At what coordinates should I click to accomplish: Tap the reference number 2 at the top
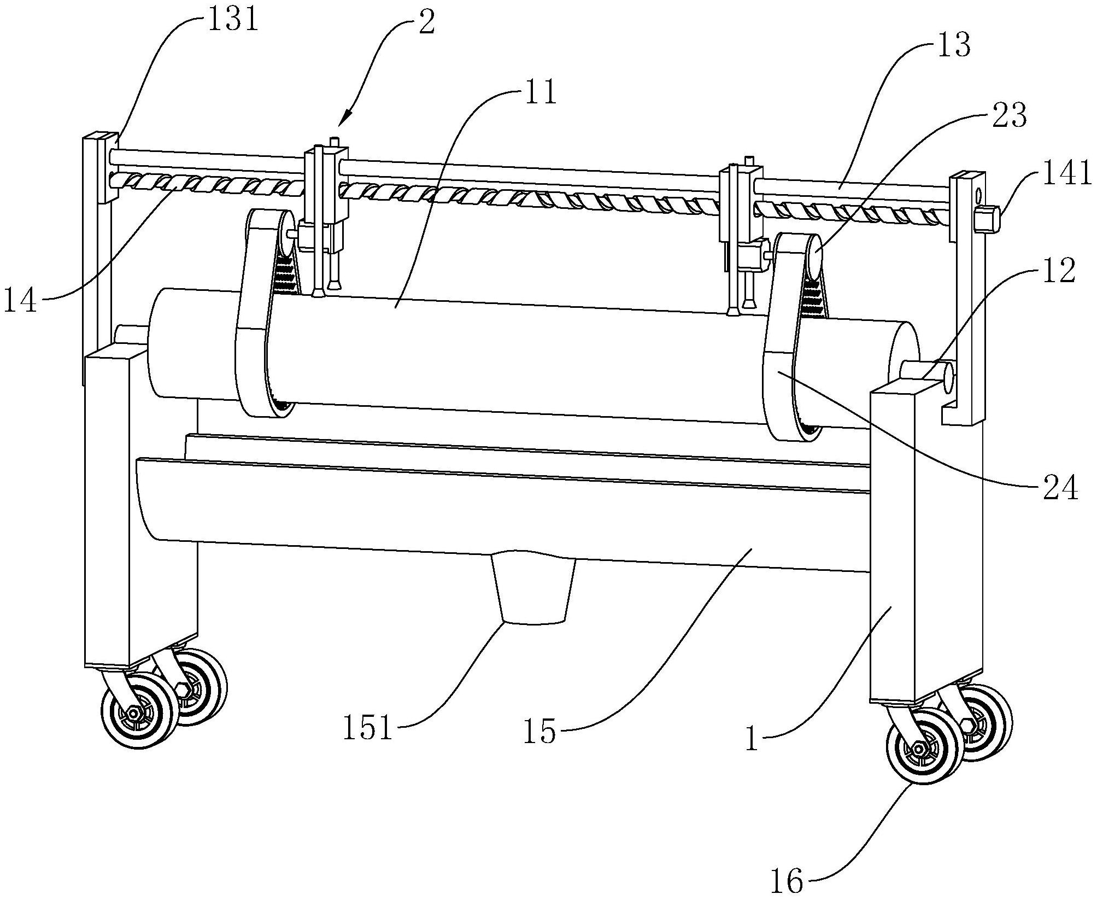(426, 22)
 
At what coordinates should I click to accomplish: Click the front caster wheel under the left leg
(139, 711)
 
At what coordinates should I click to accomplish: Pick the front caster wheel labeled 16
(923, 747)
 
